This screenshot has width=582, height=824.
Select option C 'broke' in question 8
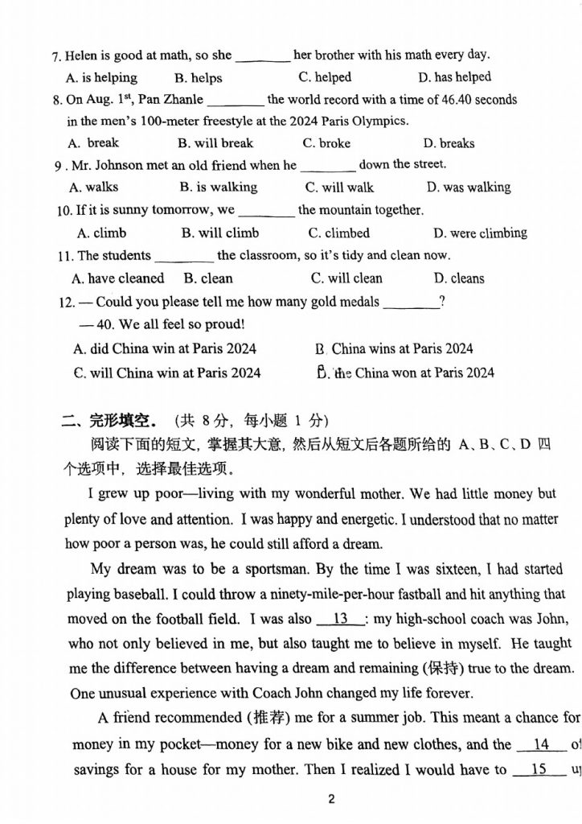click(x=326, y=143)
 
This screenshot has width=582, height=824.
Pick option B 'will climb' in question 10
click(x=220, y=233)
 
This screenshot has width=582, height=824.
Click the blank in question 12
click(x=412, y=303)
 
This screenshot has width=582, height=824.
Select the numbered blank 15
click(x=539, y=769)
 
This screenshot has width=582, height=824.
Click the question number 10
click(x=64, y=211)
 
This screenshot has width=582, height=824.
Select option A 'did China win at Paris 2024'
click(x=165, y=349)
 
